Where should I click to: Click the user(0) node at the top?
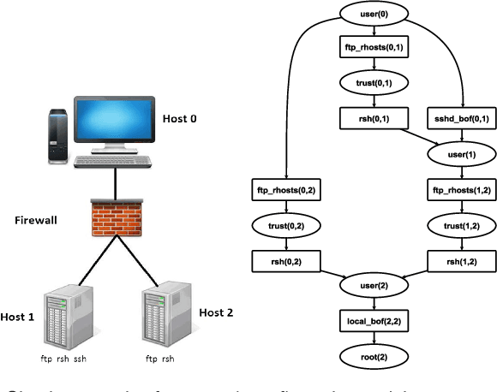click(373, 15)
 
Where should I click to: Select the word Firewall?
click(36, 220)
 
